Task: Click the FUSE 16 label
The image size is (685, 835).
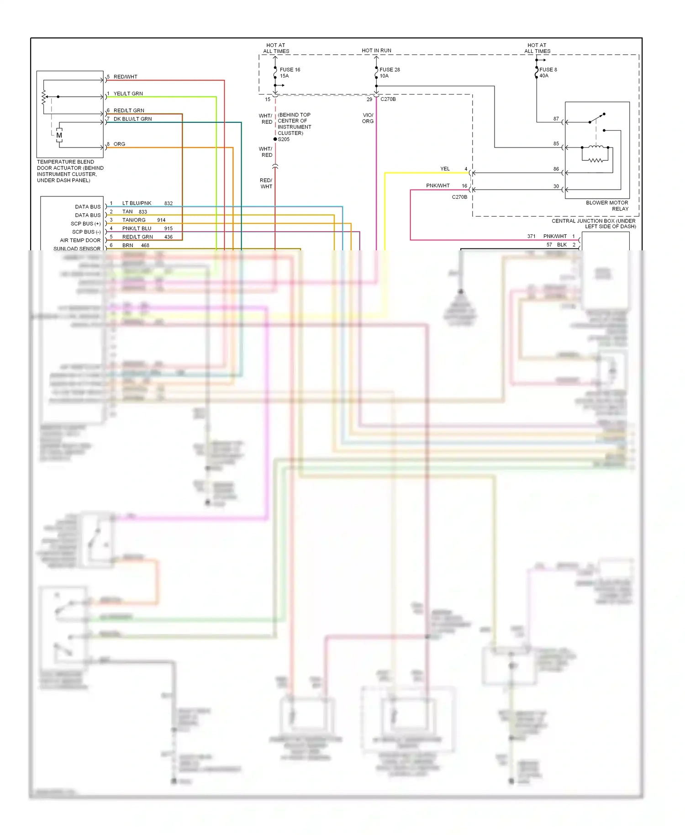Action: pyautogui.click(x=290, y=70)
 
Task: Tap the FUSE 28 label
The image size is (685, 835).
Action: pyautogui.click(x=390, y=70)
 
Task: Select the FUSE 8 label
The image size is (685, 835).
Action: pyautogui.click(x=548, y=70)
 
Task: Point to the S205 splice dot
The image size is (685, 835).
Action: pyautogui.click(x=275, y=139)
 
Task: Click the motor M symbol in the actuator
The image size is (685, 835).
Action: pyautogui.click(x=59, y=135)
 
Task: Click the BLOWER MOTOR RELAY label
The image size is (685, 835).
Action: pyautogui.click(x=607, y=206)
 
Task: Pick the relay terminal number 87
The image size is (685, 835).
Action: pyautogui.click(x=556, y=119)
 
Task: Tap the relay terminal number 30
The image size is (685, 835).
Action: pyautogui.click(x=556, y=186)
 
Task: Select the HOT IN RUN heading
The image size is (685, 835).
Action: pyautogui.click(x=376, y=51)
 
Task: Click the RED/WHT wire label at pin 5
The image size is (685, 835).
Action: pyautogui.click(x=125, y=77)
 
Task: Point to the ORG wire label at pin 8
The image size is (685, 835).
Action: pyautogui.click(x=119, y=144)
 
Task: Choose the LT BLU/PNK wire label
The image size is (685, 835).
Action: pyautogui.click(x=137, y=203)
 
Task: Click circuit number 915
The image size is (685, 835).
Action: pyautogui.click(x=169, y=228)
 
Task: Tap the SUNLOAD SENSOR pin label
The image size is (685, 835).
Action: pyautogui.click(x=77, y=249)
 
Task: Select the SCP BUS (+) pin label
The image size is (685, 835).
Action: pyautogui.click(x=85, y=224)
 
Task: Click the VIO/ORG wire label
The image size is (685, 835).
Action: pyautogui.click(x=368, y=118)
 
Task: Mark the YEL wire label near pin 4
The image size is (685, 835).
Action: pyautogui.click(x=445, y=169)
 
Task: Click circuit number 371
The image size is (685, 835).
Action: pyautogui.click(x=531, y=237)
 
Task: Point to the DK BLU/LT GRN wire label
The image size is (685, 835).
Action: pyautogui.click(x=132, y=119)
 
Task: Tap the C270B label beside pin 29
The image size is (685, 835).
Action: pyautogui.click(x=388, y=99)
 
